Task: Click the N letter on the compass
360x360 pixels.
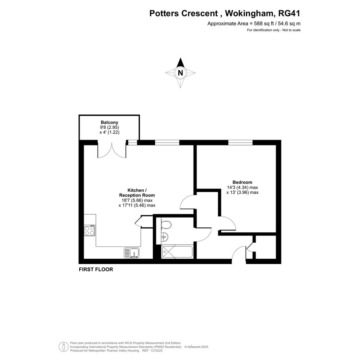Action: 181,73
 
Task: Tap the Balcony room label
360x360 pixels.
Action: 109,122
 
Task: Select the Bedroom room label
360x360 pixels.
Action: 242,182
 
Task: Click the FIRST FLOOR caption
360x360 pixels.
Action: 96,269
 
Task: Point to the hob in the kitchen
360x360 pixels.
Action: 90,230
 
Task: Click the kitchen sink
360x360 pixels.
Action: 132,253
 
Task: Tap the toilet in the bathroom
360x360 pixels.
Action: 166,224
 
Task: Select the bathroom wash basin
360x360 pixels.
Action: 165,236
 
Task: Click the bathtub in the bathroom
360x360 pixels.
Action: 177,252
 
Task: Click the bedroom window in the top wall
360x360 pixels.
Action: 240,142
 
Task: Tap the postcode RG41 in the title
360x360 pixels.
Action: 289,13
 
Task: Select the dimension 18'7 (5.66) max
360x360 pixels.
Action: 137,200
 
